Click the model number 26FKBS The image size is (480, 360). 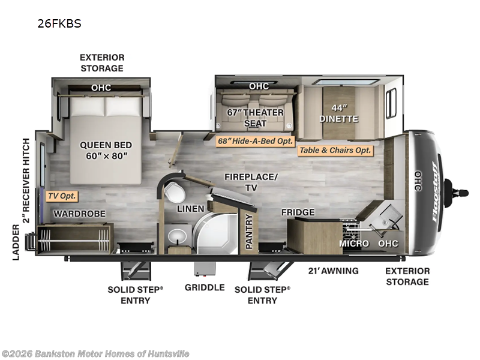click(59, 23)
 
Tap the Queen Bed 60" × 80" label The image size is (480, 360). click(106, 151)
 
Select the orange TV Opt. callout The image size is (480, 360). click(62, 196)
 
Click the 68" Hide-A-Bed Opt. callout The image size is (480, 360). click(256, 141)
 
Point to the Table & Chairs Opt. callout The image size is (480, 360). click(335, 151)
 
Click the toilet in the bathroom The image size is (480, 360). click(175, 191)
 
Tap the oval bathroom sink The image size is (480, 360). click(178, 236)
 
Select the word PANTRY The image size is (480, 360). click(249, 231)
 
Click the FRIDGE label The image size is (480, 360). click(298, 212)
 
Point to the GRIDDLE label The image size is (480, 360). click(205, 287)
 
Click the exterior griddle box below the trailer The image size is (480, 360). click(205, 269)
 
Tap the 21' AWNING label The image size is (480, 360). click(334, 271)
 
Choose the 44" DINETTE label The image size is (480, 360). click(339, 113)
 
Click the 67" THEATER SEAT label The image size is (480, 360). click(256, 118)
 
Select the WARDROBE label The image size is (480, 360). click(80, 214)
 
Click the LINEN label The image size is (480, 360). click(190, 209)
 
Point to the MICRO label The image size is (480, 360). click(354, 244)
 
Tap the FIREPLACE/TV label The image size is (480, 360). click(251, 182)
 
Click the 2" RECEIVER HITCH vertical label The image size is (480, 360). click(26, 181)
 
